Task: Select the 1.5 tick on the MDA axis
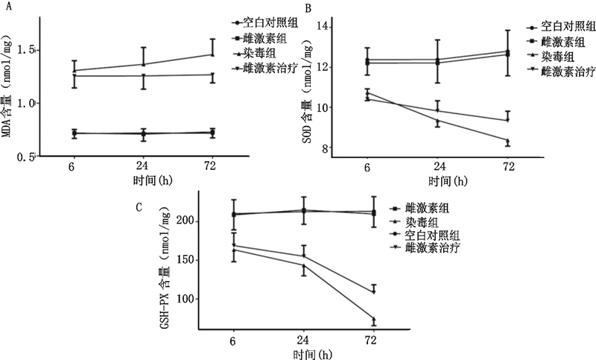pos(25,50)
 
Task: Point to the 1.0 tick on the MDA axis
pos(25,103)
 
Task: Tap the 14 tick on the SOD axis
pos(326,27)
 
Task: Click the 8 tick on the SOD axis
pos(329,148)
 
